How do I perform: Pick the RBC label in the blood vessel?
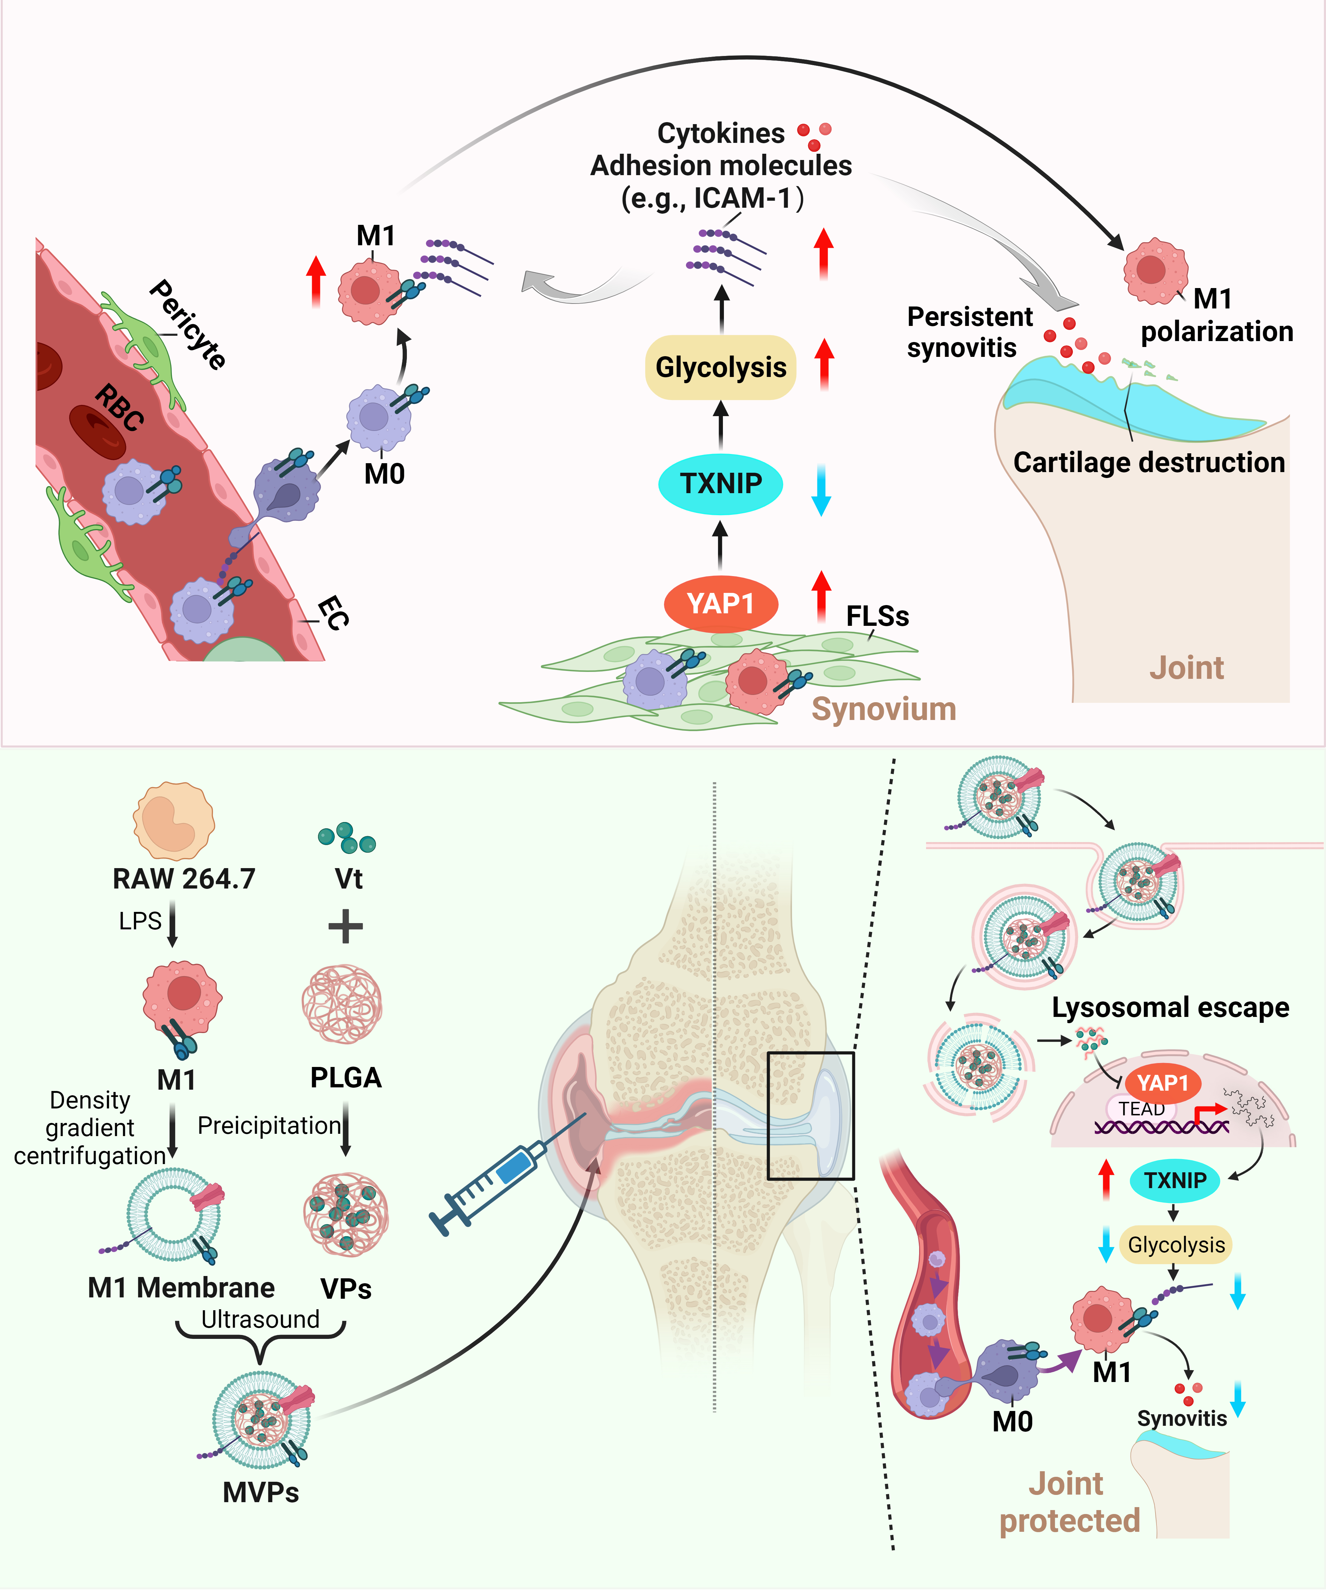tap(119, 408)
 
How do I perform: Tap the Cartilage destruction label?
tap(1148, 463)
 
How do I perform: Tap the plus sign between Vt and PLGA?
tap(346, 926)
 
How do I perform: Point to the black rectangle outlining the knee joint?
tap(810, 1115)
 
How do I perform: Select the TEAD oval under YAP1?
tap(1141, 1109)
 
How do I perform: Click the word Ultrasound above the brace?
tap(260, 1319)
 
